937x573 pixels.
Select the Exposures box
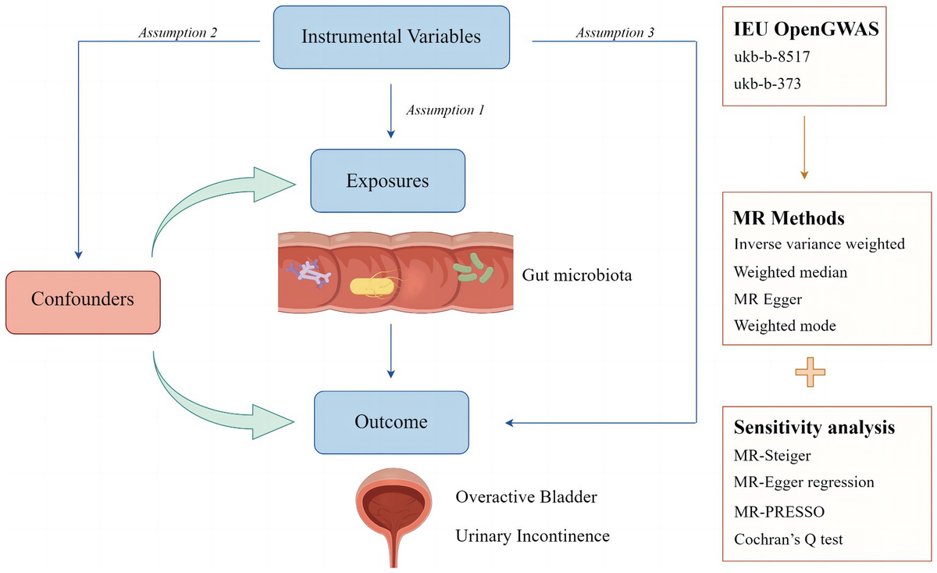tap(387, 181)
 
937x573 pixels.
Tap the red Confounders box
tap(83, 299)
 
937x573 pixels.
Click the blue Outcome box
tap(391, 422)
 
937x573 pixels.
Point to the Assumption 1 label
tap(445, 110)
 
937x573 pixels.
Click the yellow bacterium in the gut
tap(370, 287)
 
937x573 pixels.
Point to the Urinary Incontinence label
tap(533, 535)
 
